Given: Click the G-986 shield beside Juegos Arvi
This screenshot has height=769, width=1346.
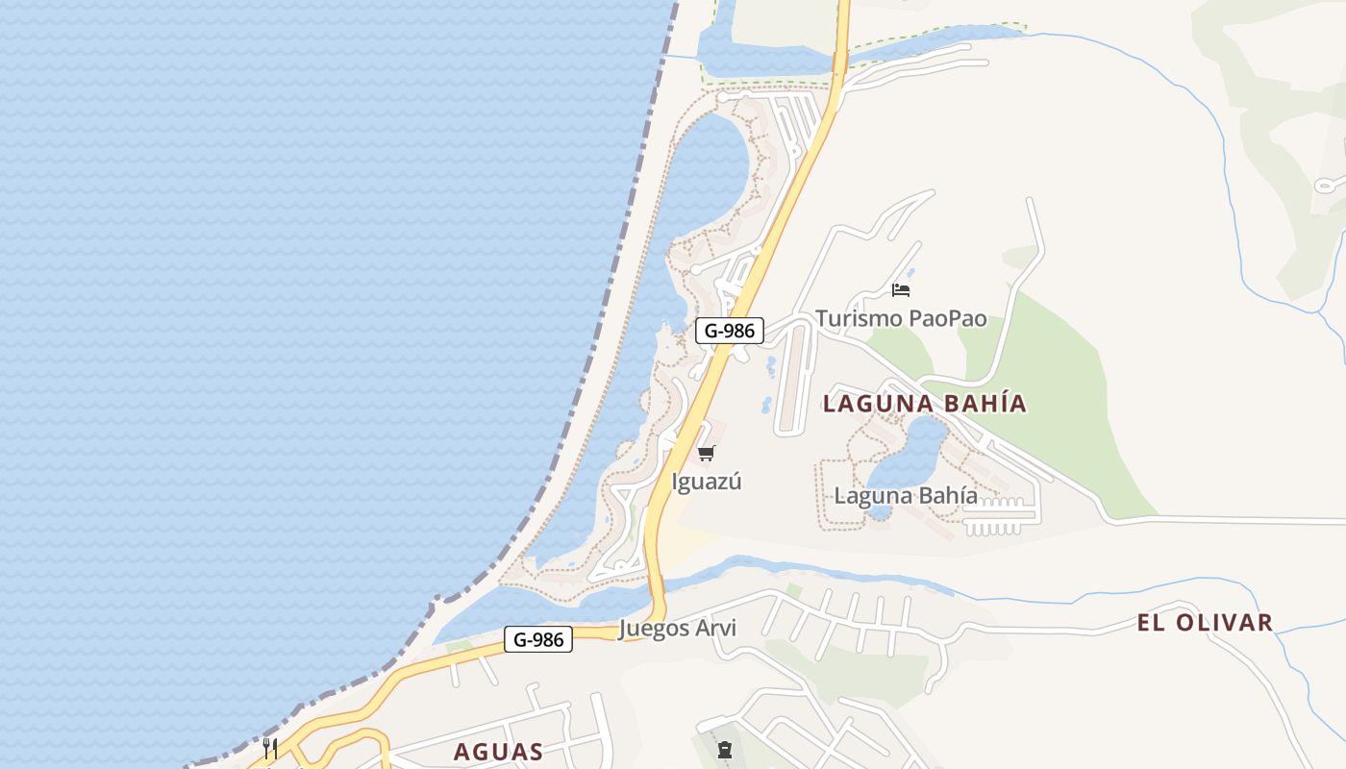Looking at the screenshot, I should coord(537,639).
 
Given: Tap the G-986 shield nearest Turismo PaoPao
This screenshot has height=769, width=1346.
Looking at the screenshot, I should coord(729,331).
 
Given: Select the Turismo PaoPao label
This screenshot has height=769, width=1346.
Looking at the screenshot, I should coord(901,318).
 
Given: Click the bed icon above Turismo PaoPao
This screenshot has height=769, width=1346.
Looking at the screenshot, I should coord(901,289).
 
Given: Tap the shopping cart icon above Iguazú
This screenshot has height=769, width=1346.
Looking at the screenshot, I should coord(707,454).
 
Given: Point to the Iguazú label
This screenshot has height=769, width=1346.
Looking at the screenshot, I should coord(707,482).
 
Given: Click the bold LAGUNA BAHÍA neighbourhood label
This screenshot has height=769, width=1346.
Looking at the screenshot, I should coord(925,404).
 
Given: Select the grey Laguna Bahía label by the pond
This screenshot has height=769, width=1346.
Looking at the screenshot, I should coord(906,496).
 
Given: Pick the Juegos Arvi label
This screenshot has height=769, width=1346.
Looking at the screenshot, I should coord(678,629).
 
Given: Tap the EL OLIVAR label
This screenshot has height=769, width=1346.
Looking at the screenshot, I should coord(1205,623).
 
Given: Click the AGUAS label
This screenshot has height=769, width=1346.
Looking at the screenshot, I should coord(498,752).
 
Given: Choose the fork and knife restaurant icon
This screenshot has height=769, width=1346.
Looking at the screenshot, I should coord(270,748).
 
